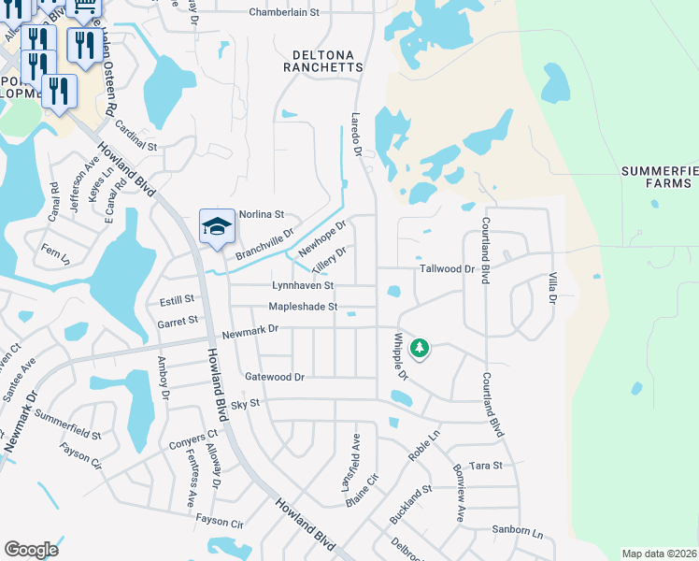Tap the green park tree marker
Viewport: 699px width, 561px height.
click(421, 349)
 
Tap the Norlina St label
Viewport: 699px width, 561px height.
click(262, 214)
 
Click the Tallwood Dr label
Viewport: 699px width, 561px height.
click(448, 268)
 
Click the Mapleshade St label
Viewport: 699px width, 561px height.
click(302, 307)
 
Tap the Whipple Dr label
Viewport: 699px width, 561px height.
click(401, 356)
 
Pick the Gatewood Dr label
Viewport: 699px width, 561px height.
click(275, 377)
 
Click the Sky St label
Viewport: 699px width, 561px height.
click(244, 402)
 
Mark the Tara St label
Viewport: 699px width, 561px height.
click(486, 465)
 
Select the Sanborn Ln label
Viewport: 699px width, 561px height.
click(518, 531)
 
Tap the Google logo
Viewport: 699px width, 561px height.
click(31, 550)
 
